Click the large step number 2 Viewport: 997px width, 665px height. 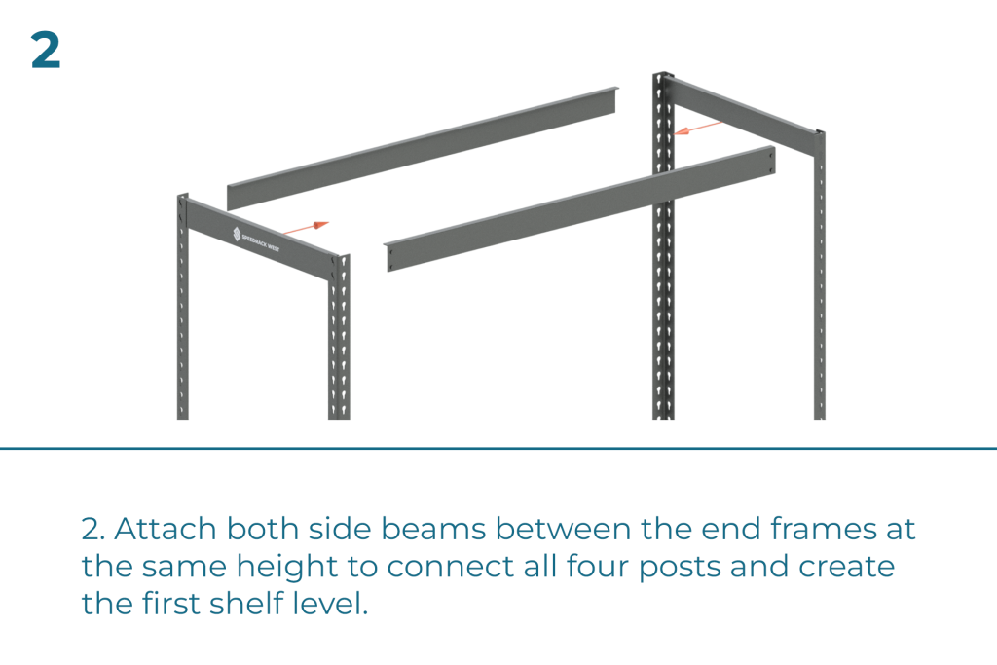click(x=46, y=52)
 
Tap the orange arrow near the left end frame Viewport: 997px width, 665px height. click(x=311, y=227)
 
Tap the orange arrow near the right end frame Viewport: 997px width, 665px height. click(x=698, y=128)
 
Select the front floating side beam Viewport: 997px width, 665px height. click(x=580, y=208)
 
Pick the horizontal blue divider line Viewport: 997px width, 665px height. click(x=498, y=449)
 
